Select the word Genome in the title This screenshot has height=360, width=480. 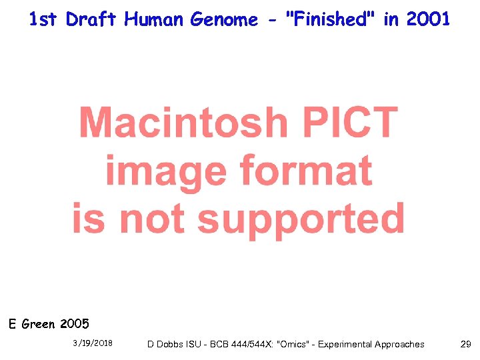pos(225,20)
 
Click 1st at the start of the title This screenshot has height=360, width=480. pos(44,20)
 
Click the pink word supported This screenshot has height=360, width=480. pos(301,219)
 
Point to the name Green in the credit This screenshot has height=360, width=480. pos(39,325)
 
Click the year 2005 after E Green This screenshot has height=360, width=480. pos(74,325)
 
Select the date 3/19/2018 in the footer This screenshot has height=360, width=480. pos(93,344)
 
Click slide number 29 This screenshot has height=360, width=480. pos(465,344)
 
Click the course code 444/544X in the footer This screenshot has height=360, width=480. pos(249,345)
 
